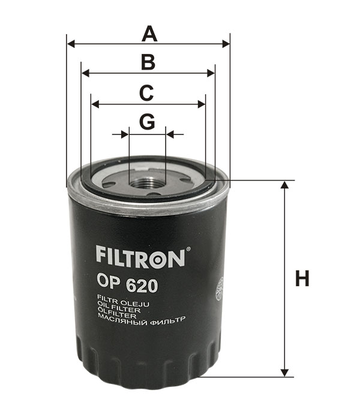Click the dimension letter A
(x=149, y=34)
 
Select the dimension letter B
(x=148, y=62)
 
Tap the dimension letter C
(x=146, y=93)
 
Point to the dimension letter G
(x=148, y=122)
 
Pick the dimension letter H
(x=302, y=278)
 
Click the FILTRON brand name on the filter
(x=140, y=257)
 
